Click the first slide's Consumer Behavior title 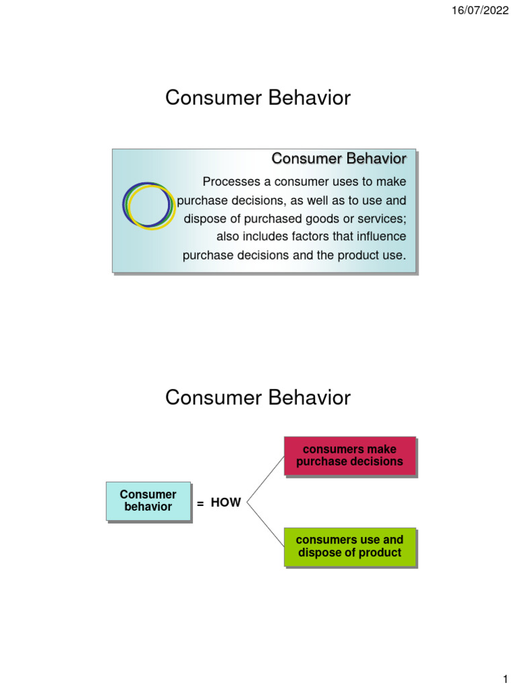pyautogui.click(x=258, y=98)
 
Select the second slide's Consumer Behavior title pyautogui.click(x=258, y=398)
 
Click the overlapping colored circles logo pyautogui.click(x=149, y=205)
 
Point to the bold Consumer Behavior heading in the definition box pyautogui.click(x=339, y=159)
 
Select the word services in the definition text pyautogui.click(x=382, y=219)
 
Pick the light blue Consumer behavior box pyautogui.click(x=148, y=501)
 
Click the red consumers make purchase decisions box pyautogui.click(x=349, y=456)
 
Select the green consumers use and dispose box pyautogui.click(x=349, y=546)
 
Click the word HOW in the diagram pyautogui.click(x=226, y=503)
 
